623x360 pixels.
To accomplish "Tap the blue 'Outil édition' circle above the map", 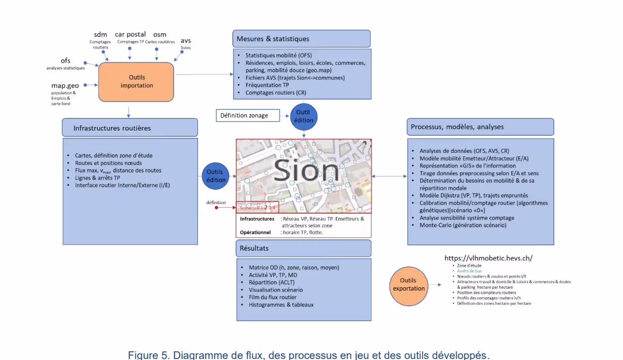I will [303, 116].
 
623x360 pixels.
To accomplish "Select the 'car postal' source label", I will [130, 34].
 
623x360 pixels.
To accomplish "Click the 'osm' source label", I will [159, 34].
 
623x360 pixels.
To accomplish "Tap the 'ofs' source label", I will [65, 61].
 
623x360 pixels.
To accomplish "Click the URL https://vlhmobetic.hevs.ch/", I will [488, 258].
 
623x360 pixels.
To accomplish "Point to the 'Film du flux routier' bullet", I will [272, 297].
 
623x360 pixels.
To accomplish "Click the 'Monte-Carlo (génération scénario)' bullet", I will [463, 225].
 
